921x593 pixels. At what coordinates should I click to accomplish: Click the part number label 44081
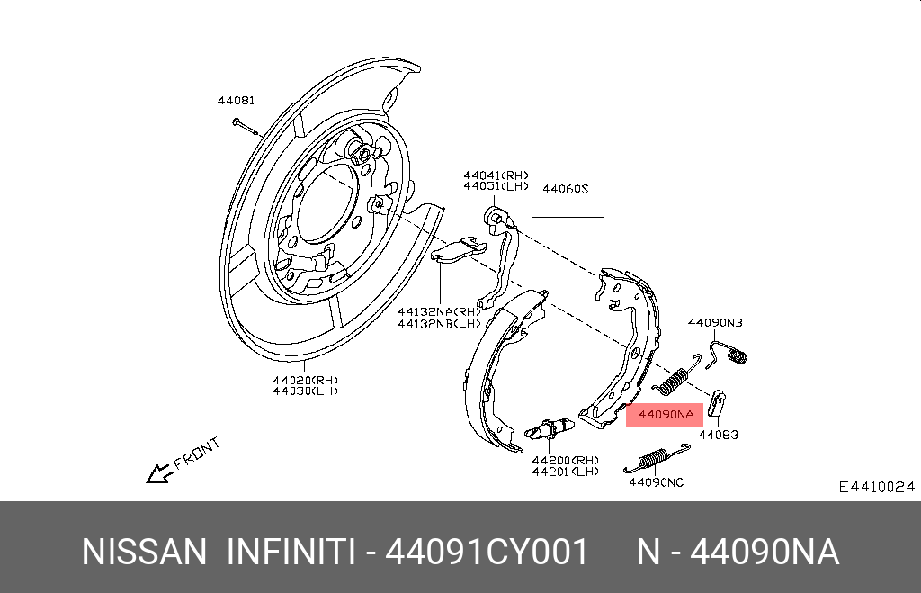236,101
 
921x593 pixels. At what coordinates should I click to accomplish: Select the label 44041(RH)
496,175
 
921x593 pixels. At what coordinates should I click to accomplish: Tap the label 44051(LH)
496,186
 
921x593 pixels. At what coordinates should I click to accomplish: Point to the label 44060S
565,190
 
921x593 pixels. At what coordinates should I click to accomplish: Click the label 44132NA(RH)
439,311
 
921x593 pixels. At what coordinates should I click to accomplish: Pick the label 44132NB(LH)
439,323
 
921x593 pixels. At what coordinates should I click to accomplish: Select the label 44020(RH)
305,380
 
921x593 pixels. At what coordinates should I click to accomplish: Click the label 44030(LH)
305,391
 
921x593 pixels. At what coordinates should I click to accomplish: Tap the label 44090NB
715,322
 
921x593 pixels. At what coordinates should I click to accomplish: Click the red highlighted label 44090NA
666,415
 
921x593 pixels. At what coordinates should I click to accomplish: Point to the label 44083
718,435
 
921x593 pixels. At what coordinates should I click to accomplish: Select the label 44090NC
656,482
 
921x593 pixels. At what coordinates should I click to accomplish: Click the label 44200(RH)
565,459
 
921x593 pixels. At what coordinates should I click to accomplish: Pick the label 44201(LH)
565,471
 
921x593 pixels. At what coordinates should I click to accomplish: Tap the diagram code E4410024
876,487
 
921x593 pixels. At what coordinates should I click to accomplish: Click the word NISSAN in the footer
144,552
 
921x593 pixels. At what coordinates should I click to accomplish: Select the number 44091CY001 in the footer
487,552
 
